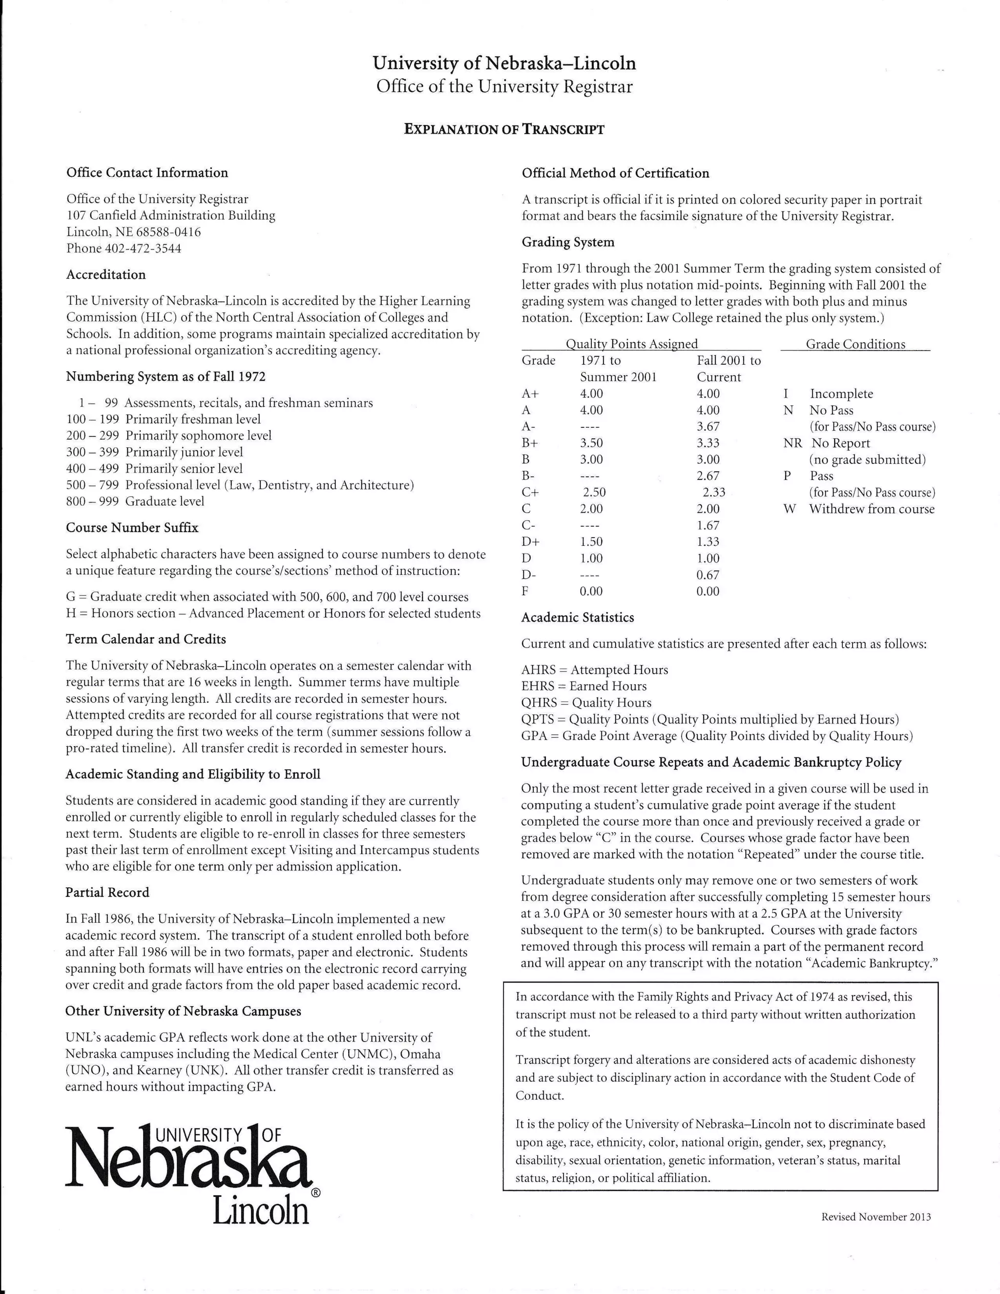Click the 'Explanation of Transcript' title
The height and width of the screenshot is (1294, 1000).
(x=504, y=129)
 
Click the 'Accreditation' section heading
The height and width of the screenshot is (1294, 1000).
(x=105, y=274)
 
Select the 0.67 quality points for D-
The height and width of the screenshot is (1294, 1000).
(x=708, y=575)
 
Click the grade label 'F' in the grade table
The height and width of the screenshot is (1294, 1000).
(x=525, y=591)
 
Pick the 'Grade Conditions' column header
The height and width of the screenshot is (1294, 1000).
(x=855, y=344)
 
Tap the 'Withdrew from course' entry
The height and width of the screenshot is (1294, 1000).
(x=872, y=509)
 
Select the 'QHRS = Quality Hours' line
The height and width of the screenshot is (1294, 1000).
(x=586, y=703)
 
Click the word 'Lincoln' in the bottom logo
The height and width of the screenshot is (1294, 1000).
(x=261, y=1213)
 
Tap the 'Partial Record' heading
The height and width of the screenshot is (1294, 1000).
(x=107, y=892)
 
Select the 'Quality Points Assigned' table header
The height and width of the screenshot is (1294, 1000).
(x=631, y=344)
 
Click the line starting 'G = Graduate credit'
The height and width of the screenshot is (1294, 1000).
(x=267, y=597)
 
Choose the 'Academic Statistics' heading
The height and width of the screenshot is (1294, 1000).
(x=577, y=617)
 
